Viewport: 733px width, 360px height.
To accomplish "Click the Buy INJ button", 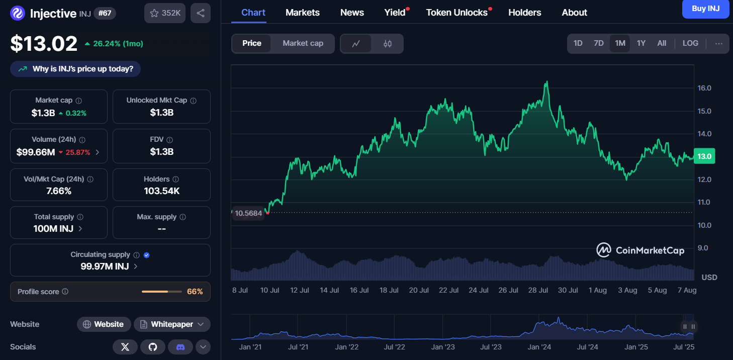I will click(705, 9).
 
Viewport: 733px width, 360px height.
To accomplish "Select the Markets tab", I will click(302, 13).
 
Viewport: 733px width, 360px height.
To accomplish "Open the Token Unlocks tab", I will click(456, 13).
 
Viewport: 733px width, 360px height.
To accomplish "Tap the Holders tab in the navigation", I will click(524, 13).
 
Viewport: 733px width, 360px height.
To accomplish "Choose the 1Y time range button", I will click(641, 43).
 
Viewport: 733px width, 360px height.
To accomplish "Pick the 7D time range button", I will click(598, 43).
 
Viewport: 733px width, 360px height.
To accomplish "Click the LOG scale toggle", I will click(690, 43).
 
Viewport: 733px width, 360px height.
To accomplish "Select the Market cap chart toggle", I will click(303, 43).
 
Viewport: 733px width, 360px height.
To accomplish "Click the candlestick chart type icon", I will click(387, 44).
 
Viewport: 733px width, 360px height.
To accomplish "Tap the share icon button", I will click(201, 13).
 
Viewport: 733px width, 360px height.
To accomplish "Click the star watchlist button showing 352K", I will click(165, 13).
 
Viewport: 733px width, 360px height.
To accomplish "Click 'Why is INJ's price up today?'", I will click(75, 69).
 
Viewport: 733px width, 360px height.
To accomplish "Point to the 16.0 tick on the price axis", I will click(704, 88).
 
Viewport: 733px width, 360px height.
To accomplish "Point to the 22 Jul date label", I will click(448, 290).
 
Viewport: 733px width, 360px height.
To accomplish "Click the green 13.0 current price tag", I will click(704, 156).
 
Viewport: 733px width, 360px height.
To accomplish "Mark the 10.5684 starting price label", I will click(248, 213).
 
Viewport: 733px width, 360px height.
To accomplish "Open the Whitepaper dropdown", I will click(172, 324).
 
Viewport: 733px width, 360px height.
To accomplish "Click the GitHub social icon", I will click(153, 346).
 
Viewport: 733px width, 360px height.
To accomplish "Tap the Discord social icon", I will click(180, 346).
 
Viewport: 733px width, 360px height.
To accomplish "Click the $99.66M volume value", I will click(36, 152).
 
